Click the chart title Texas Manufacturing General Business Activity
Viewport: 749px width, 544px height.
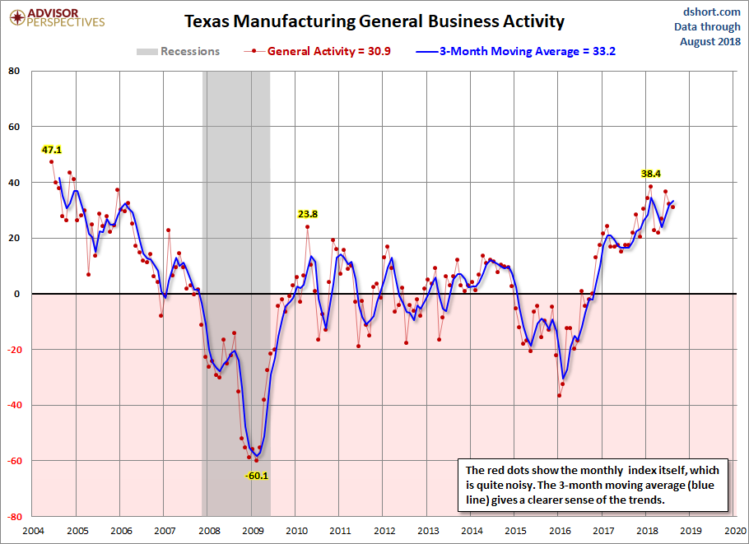(374, 21)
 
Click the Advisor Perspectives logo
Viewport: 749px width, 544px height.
(56, 18)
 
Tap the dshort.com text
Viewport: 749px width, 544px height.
(706, 12)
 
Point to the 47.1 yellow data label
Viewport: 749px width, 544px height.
(52, 150)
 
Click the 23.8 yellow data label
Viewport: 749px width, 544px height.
(308, 214)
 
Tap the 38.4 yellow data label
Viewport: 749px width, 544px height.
(651, 174)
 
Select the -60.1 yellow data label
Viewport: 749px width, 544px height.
(257, 475)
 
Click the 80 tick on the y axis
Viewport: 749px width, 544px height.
(14, 71)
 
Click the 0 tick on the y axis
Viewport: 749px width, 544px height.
(16, 294)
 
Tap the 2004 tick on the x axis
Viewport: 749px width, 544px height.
(33, 530)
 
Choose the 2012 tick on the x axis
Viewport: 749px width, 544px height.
(384, 530)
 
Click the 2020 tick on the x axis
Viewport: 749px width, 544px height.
(735, 530)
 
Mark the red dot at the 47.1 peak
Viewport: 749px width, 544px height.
(52, 162)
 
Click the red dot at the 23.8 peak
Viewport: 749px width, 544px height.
(308, 226)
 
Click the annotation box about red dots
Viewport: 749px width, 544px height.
(592, 485)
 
